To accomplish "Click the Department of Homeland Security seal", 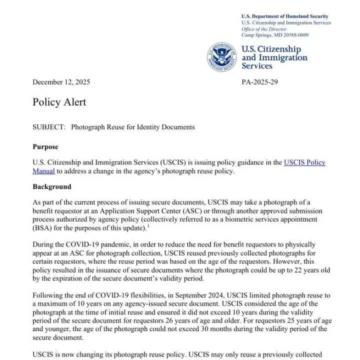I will point(222,57).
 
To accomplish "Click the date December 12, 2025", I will point(61,82).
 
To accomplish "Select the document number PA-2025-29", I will point(259,82).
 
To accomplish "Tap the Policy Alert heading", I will point(59,102).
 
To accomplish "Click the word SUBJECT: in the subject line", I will point(49,127).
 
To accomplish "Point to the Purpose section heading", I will point(45,147).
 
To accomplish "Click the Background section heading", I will point(52,186).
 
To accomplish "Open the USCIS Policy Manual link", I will point(304,162).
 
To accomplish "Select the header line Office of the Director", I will point(264,29).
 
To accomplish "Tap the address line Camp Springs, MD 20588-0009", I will point(275,35).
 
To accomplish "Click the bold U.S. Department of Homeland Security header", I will point(284,16).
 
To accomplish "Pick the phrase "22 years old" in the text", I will point(298,269).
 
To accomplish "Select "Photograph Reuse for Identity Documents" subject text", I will point(132,127).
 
